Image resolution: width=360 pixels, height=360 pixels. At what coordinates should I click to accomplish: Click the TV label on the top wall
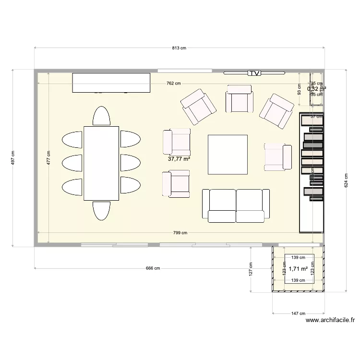tap(254, 73)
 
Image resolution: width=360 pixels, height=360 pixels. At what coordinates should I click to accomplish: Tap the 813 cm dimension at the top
tap(179, 48)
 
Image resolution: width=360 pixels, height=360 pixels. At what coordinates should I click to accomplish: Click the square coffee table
tap(228, 154)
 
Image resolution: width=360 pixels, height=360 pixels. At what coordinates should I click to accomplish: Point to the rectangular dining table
tap(101, 163)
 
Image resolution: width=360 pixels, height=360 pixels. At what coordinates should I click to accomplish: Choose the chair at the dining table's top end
tap(101, 116)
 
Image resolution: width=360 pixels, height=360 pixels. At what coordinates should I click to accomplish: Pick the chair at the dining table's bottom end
tap(101, 210)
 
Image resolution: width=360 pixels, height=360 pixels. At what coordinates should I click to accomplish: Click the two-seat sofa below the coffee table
tap(236, 205)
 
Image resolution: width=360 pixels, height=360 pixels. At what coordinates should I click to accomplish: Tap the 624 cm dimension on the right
tap(346, 180)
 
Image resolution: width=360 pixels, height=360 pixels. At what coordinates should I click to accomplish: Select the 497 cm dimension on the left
tap(13, 157)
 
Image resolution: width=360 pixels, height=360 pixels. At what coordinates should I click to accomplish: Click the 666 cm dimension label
tap(153, 268)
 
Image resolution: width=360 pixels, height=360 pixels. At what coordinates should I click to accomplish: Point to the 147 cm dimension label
tap(299, 313)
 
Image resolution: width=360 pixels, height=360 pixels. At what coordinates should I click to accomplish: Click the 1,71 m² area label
tap(298, 269)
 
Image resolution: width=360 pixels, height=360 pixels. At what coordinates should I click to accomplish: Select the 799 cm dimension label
tap(180, 233)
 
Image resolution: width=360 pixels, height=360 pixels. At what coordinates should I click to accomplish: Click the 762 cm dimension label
tap(173, 83)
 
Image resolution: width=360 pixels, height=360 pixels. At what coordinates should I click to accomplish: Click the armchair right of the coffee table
tap(278, 157)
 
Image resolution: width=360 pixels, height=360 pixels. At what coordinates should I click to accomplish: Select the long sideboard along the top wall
tap(111, 82)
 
